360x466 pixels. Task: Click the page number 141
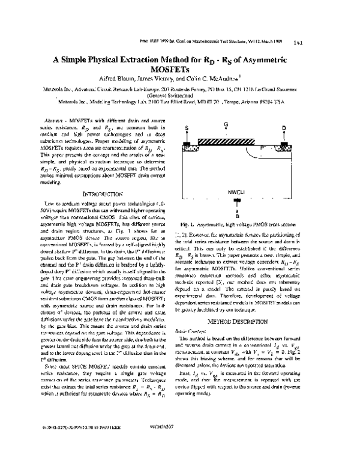[x=298, y=43]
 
